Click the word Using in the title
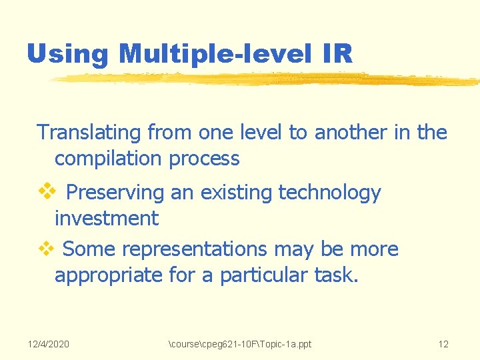coord(67,54)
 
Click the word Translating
coord(89,133)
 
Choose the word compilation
coord(109,159)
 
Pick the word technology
coord(329,193)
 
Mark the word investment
coord(107,218)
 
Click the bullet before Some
coord(45,249)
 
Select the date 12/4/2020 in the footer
coord(49,344)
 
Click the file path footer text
coord(241,344)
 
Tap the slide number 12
coord(443,344)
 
